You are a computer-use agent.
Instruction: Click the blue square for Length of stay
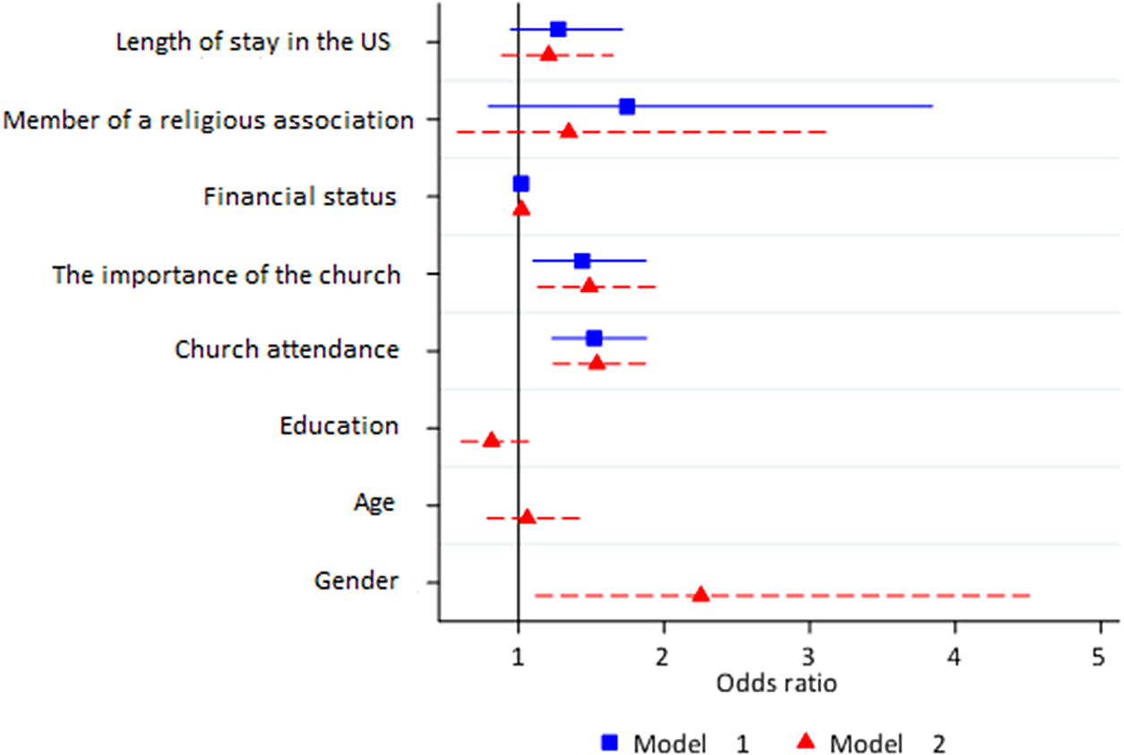[x=558, y=29]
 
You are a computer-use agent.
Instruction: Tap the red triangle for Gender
[x=700, y=595]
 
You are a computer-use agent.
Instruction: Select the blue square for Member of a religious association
[x=627, y=107]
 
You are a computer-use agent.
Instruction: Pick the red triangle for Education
[x=491, y=440]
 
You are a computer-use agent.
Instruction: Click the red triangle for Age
[x=527, y=517]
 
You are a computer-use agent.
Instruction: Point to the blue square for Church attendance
[x=594, y=338]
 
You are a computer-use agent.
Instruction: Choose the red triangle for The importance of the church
[x=588, y=286]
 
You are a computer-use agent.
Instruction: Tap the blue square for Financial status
[x=521, y=184]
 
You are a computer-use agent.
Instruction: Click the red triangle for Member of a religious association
[x=568, y=132]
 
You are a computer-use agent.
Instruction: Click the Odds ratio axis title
[x=777, y=684]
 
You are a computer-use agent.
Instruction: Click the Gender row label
[x=356, y=581]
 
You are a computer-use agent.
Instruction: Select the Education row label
[x=339, y=425]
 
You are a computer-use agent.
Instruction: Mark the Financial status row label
[x=299, y=196]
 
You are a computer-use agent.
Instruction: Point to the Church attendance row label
[x=287, y=349]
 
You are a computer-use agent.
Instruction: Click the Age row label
[x=373, y=503]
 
